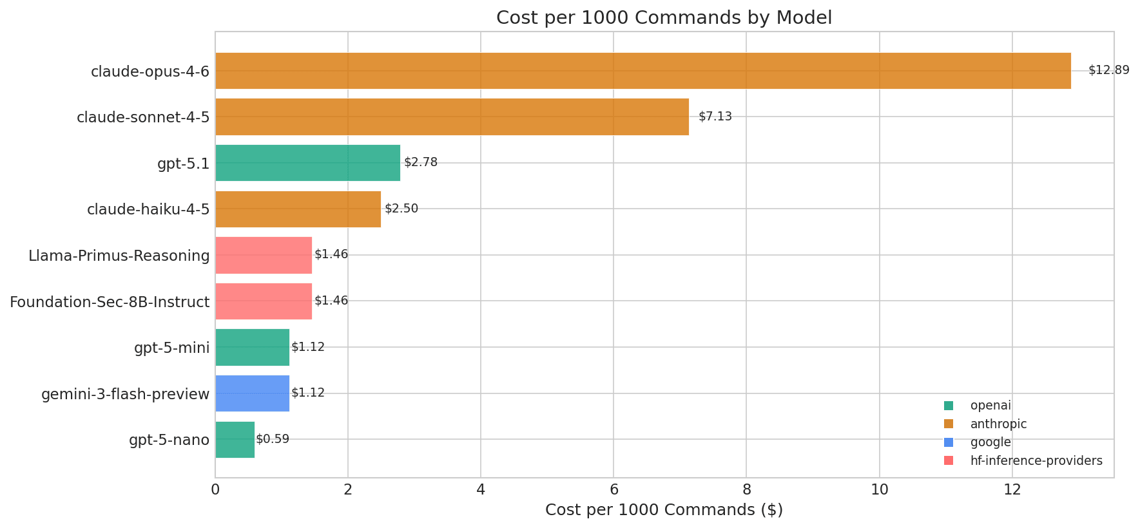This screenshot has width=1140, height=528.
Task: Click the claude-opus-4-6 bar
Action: click(642, 71)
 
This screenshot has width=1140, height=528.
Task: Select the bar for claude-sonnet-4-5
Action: click(451, 117)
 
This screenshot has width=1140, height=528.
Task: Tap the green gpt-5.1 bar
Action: click(307, 163)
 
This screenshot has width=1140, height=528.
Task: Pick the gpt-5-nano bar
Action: click(235, 440)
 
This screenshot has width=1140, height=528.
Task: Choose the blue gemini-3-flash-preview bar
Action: click(252, 393)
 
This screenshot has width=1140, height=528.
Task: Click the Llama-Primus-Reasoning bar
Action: click(263, 255)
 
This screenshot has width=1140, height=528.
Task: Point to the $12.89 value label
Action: click(1108, 70)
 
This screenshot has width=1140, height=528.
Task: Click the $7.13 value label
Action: click(715, 117)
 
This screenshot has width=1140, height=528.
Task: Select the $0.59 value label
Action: click(273, 439)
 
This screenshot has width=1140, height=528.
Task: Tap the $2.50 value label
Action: click(401, 209)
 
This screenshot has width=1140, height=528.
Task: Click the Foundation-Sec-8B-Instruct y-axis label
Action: click(110, 302)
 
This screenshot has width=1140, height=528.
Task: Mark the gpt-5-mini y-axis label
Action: click(171, 348)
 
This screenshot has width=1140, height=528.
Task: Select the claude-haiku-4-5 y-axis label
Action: click(148, 209)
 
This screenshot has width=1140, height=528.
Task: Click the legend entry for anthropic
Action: click(998, 424)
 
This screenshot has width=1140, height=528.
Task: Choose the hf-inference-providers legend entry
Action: click(1036, 461)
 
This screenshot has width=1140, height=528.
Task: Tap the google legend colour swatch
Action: click(948, 442)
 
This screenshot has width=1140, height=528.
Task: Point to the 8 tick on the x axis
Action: click(746, 490)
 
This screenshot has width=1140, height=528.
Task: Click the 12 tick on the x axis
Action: click(1012, 490)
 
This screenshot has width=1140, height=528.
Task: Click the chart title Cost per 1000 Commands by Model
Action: click(664, 18)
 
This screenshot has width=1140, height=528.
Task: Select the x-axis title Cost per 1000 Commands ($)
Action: click(664, 510)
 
